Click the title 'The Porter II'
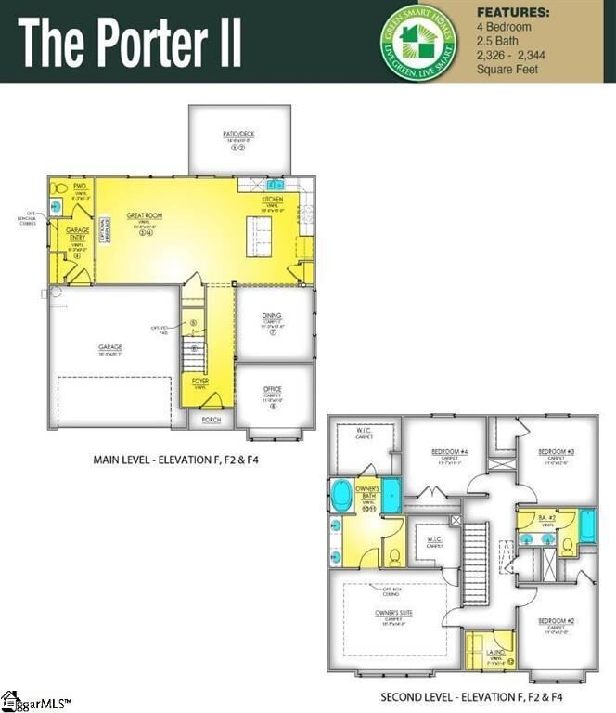tap(130, 42)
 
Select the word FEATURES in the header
tap(512, 13)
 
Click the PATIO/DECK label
tap(238, 135)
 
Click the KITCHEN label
tap(272, 201)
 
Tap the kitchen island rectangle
tap(259, 237)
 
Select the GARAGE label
tap(110, 348)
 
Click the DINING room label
tap(272, 316)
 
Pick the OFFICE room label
tap(272, 389)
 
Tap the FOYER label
tap(200, 382)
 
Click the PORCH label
tap(210, 420)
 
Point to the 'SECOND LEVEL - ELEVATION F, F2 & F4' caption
tap(472, 696)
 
